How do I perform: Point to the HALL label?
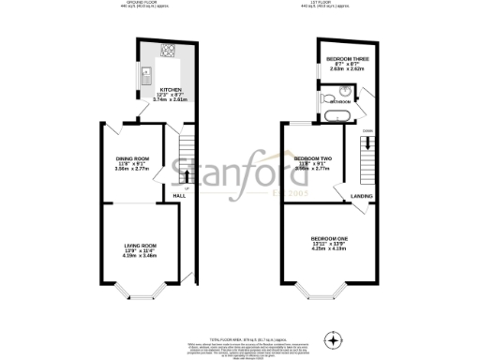[x=178, y=196]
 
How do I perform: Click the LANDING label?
[x=361, y=196]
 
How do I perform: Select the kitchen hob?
[x=168, y=52]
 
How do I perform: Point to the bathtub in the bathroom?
[x=337, y=115]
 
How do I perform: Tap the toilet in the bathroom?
[x=345, y=91]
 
